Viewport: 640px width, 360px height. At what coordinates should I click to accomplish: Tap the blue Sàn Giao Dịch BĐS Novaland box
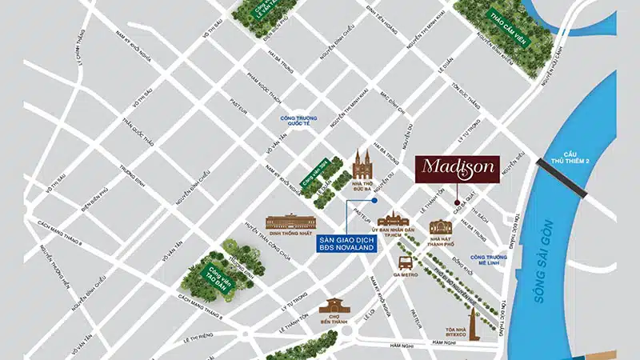pos(346,244)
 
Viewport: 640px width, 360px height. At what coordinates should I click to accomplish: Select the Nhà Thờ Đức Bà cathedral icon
pos(363,165)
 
